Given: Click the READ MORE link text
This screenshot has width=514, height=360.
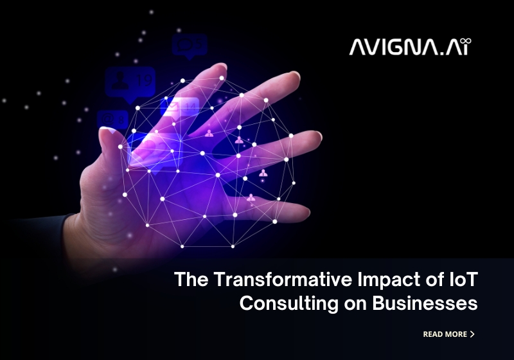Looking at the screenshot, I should pyautogui.click(x=445, y=334).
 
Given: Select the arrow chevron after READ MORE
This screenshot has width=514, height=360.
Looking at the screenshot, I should pyautogui.click(x=473, y=334).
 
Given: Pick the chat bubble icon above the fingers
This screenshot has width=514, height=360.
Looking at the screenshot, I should pyautogui.click(x=189, y=45).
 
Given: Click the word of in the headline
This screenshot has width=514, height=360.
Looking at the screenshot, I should pyautogui.click(x=427, y=281).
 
